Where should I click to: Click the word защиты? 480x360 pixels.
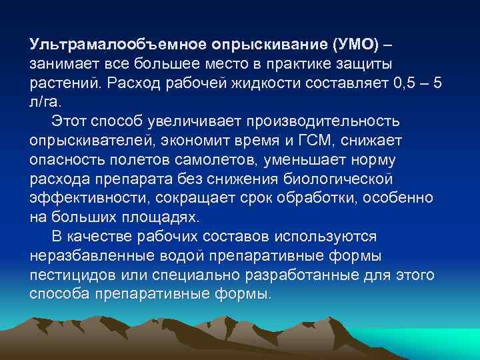click(x=364, y=63)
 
